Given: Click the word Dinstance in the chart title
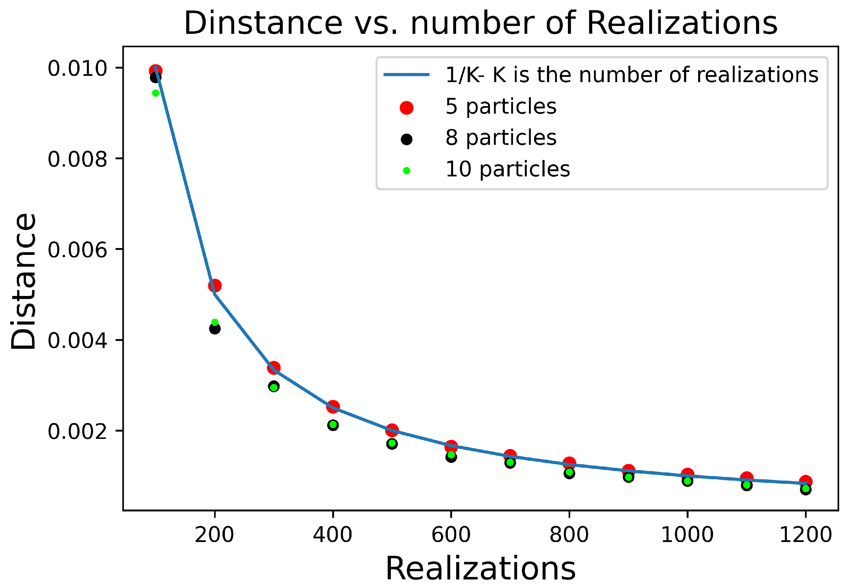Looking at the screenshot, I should pos(263,23).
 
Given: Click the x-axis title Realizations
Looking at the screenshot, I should pos(480,569).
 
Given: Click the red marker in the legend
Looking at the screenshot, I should pos(406,108).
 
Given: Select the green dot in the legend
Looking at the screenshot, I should pos(406,170).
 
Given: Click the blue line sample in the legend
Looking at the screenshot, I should pos(406,75).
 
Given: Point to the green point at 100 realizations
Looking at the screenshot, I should pos(156,93).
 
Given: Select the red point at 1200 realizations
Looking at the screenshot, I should pos(805,482).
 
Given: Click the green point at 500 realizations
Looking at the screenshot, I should pos(392,443).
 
